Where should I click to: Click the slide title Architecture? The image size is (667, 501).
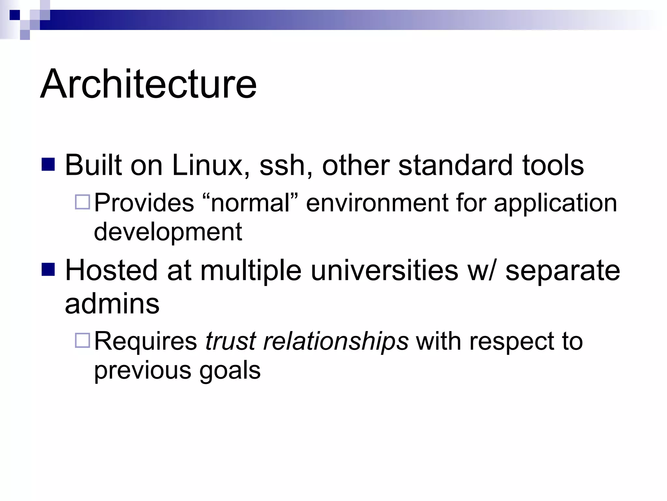click(x=149, y=84)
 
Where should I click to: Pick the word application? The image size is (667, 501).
click(x=555, y=204)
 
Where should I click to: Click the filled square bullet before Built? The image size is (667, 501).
click(x=49, y=165)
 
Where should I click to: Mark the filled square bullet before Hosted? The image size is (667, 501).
click(x=49, y=270)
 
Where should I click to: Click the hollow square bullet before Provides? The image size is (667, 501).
click(x=82, y=202)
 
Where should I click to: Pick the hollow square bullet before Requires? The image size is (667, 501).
click(x=82, y=341)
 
